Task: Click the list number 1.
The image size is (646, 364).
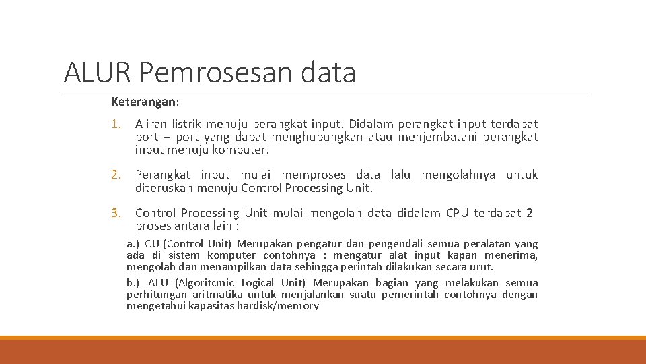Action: coord(116,124)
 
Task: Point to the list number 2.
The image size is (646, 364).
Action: coord(116,175)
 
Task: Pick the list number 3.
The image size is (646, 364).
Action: coord(116,214)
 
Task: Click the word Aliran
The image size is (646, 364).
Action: coord(151,124)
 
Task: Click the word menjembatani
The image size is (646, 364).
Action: coord(437,137)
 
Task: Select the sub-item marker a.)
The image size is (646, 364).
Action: coord(133,244)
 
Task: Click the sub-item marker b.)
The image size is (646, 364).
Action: coord(133,283)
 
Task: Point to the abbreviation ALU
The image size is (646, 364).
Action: coord(158,283)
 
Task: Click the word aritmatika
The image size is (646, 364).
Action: coord(218,295)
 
